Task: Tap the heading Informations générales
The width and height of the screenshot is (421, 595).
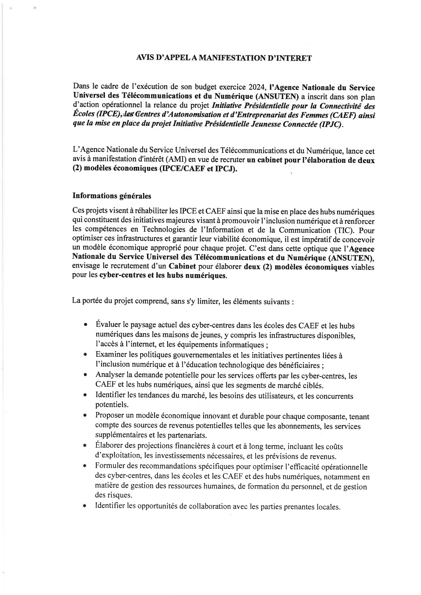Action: pyautogui.click(x=112, y=196)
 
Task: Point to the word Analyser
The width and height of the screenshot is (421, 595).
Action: pyautogui.click(x=110, y=375)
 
